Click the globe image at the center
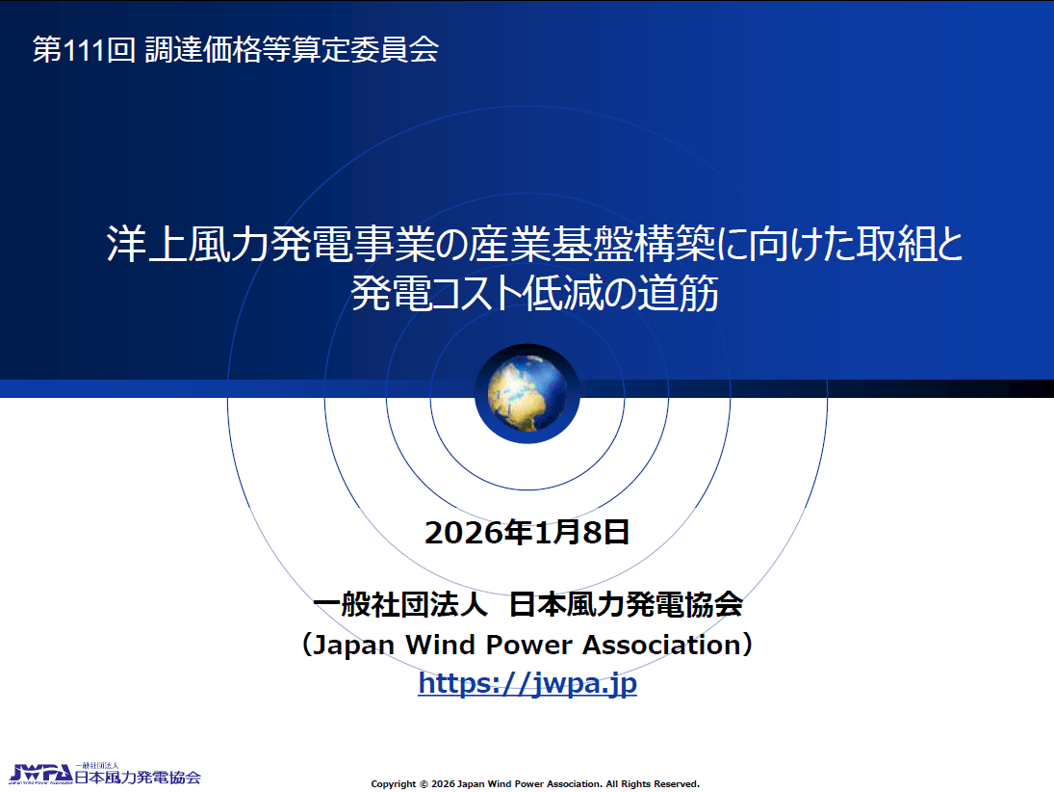(x=527, y=394)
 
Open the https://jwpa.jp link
(x=527, y=683)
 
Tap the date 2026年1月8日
(x=527, y=532)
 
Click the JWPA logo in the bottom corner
(x=41, y=775)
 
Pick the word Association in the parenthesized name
(x=661, y=645)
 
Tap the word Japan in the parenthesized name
(x=354, y=646)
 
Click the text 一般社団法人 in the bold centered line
(x=400, y=604)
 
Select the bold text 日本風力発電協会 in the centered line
(x=626, y=604)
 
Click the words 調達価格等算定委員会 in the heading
(x=292, y=50)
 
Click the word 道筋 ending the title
(x=678, y=293)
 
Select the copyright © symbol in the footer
(x=424, y=784)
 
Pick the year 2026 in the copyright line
(x=443, y=784)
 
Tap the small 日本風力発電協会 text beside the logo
(x=137, y=778)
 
